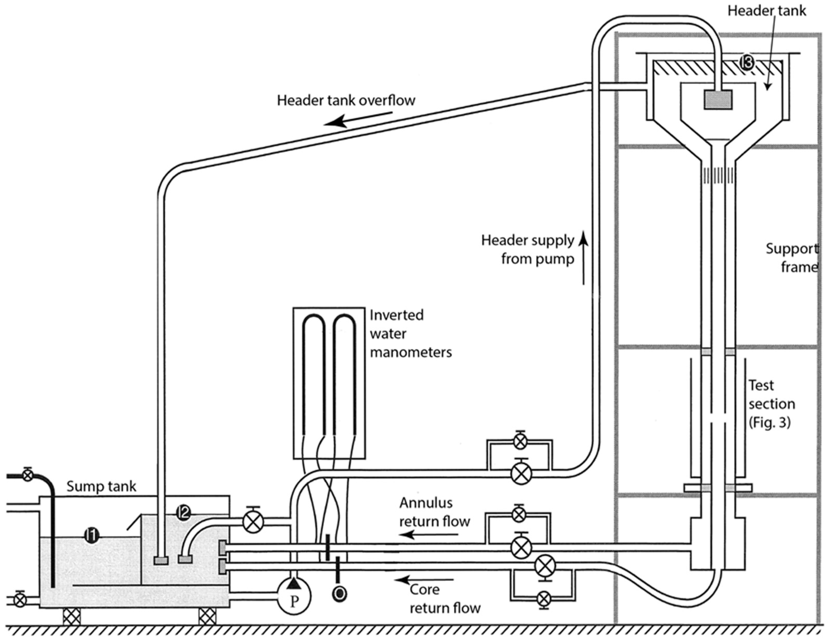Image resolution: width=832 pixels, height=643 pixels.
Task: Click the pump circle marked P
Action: coord(294,596)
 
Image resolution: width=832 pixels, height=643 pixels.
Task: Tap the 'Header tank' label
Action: coord(767,11)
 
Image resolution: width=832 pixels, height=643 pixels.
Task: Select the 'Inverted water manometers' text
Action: coord(411,333)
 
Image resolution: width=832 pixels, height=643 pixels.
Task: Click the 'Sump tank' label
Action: coord(101,486)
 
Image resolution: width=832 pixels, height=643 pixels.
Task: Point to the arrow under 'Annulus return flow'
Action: coord(428,535)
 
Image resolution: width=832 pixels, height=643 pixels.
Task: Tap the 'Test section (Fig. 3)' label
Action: coord(771,404)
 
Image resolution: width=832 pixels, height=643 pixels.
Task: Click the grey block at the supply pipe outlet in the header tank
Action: coord(718,100)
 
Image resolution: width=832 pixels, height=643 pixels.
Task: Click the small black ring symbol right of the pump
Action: coord(339,593)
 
